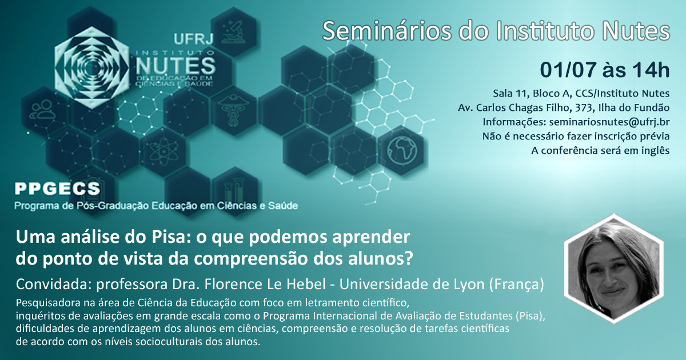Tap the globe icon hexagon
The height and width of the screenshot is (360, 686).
click(x=402, y=150)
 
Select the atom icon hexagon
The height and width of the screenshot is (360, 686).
click(x=163, y=151)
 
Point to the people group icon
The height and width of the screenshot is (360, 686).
click(x=43, y=109)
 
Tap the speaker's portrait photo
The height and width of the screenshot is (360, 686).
click(x=614, y=269)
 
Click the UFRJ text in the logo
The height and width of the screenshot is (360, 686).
click(x=193, y=39)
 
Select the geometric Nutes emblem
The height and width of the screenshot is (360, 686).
click(x=91, y=67)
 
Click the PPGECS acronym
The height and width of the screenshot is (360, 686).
click(x=58, y=189)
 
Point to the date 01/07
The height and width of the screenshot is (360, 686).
click(x=568, y=70)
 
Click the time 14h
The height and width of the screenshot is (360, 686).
click(x=651, y=70)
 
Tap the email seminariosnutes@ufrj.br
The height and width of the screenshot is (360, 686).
click(x=609, y=122)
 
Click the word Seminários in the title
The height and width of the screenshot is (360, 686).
click(x=387, y=31)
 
